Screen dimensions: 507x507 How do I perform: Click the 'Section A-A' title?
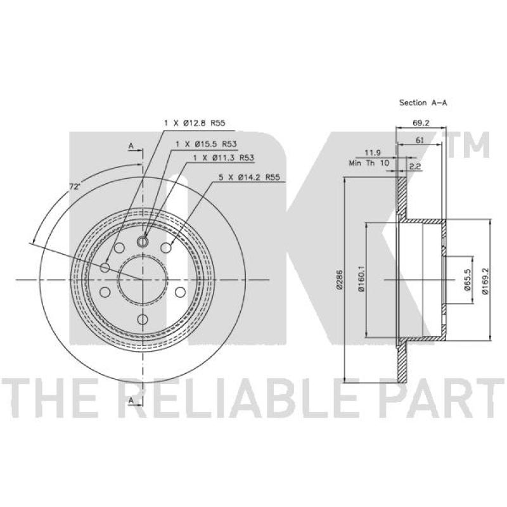click(x=423, y=103)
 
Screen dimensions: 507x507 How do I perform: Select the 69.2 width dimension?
click(x=421, y=123)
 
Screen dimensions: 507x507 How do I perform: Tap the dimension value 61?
click(x=420, y=140)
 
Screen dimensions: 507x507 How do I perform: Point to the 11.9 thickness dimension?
click(x=373, y=152)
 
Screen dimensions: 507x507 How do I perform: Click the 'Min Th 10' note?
click(x=369, y=163)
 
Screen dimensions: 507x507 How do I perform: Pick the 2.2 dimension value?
click(x=415, y=167)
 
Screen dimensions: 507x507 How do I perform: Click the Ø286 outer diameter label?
click(x=339, y=279)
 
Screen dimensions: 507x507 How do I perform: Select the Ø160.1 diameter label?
click(x=361, y=279)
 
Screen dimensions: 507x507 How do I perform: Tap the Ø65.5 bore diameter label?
click(x=467, y=279)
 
